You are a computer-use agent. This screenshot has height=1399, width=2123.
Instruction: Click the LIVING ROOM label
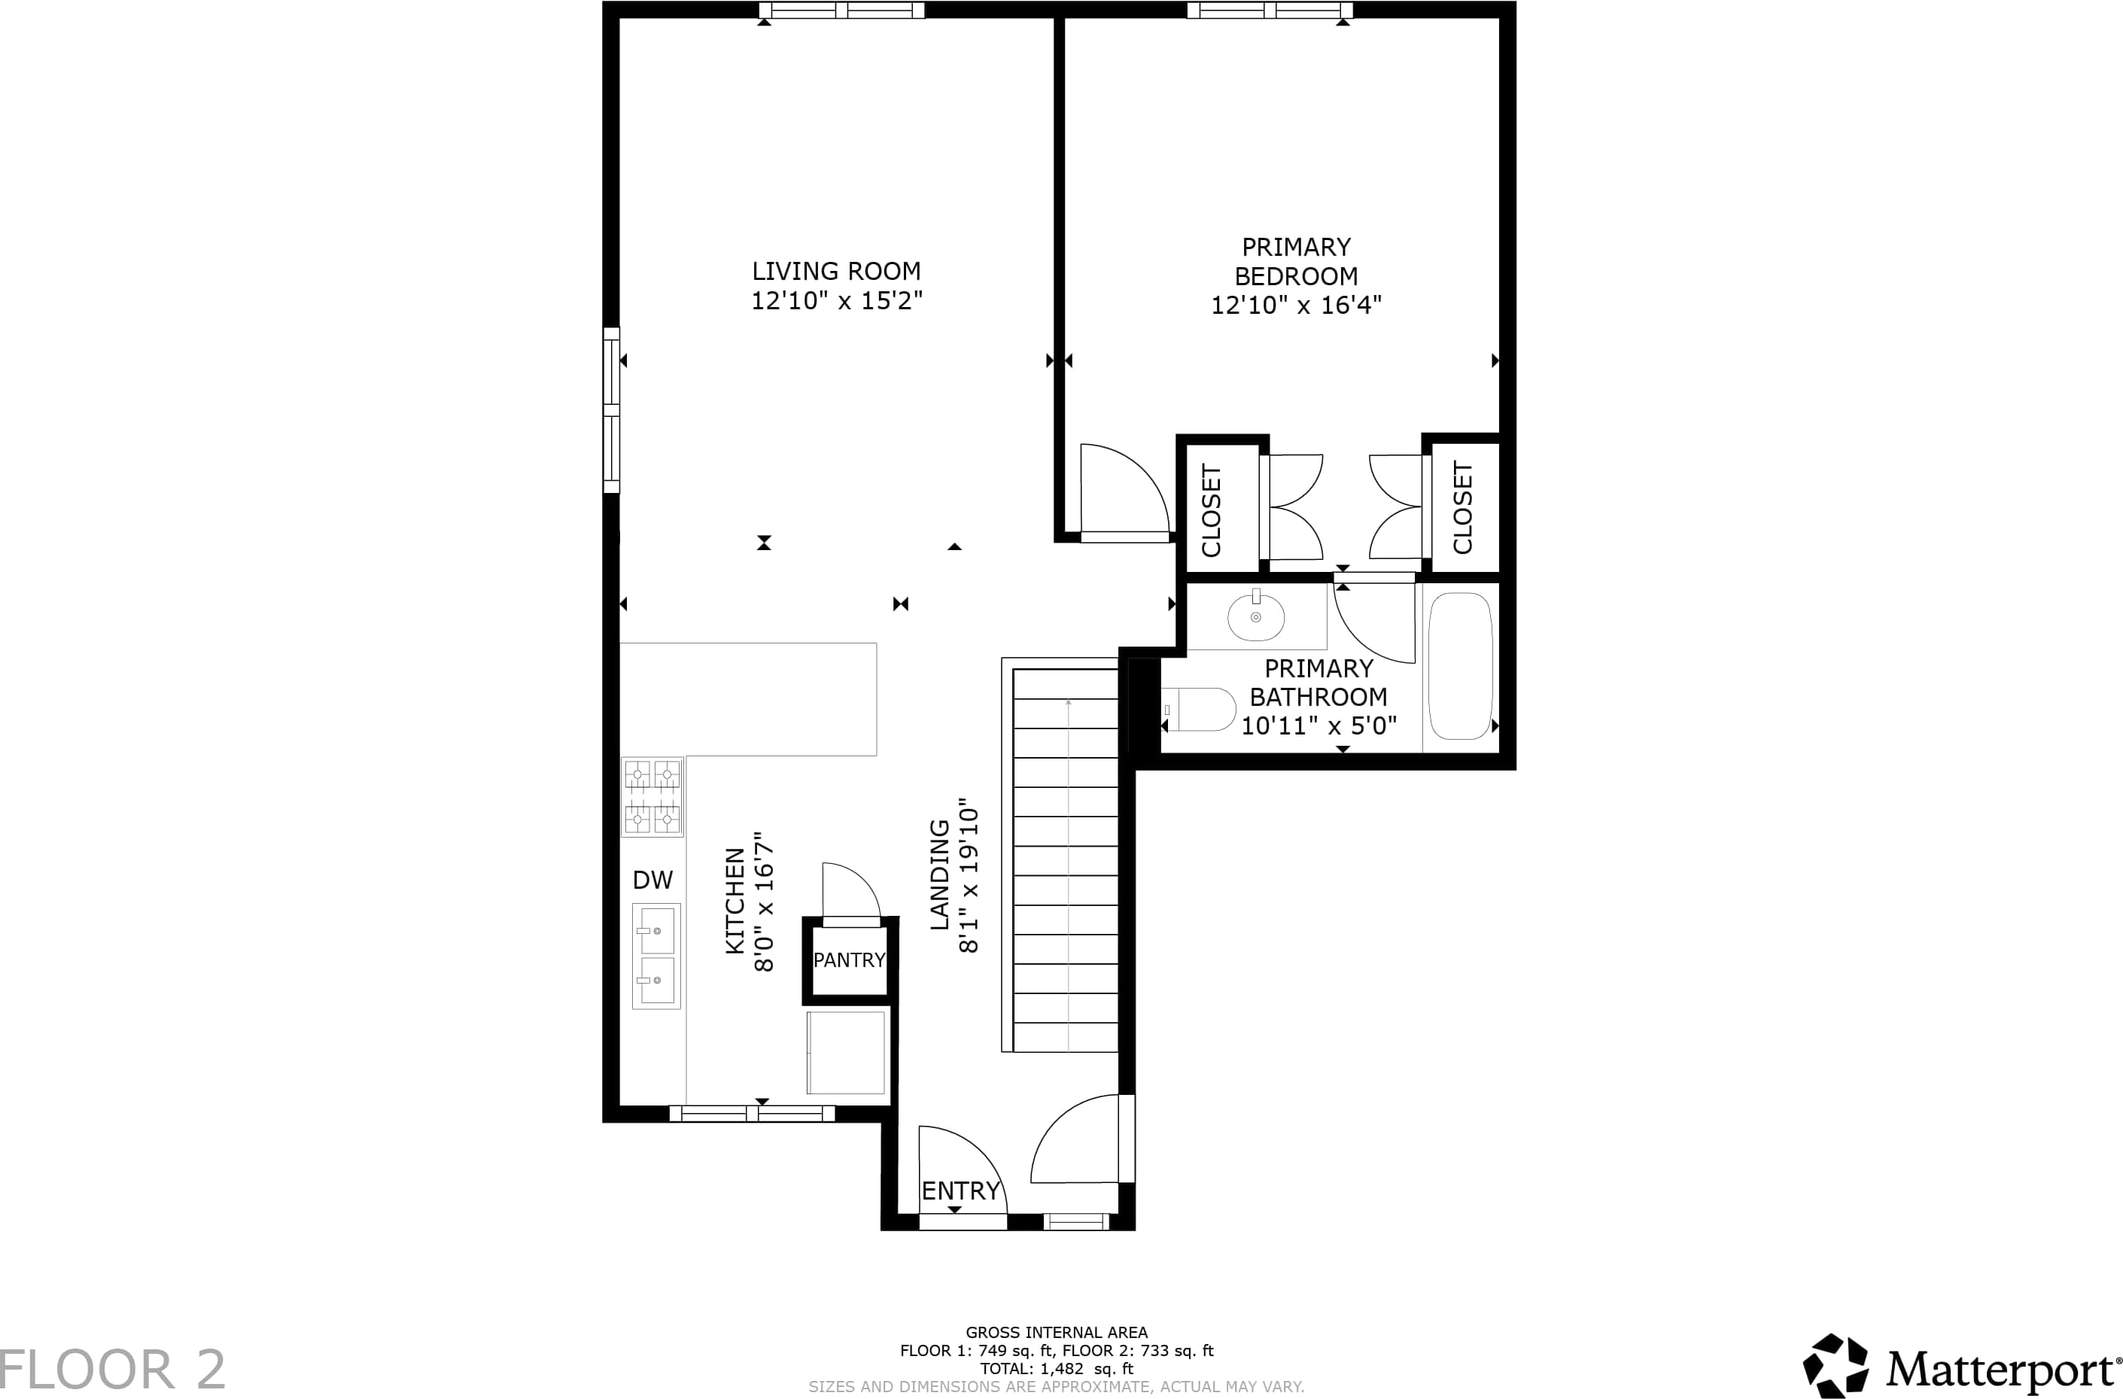coord(836,270)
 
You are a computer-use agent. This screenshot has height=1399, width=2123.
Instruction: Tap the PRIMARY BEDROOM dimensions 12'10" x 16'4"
coord(1295,305)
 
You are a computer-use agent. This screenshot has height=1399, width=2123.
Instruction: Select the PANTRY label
coord(849,960)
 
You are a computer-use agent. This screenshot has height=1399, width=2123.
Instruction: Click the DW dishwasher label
coord(652,880)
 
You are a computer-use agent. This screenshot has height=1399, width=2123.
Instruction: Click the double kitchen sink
coord(656,956)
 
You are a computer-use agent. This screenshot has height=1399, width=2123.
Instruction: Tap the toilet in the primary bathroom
coord(1198,710)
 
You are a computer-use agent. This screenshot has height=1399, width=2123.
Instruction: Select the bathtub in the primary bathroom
coord(1460,667)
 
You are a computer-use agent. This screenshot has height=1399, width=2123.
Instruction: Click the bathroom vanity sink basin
coord(1256,616)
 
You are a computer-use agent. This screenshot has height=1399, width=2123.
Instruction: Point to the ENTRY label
coord(961,1191)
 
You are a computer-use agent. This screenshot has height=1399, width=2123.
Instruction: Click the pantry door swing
coord(851,890)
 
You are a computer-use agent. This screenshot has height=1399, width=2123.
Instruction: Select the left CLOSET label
coord(1210,510)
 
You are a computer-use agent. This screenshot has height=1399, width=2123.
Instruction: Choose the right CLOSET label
coord(1462,508)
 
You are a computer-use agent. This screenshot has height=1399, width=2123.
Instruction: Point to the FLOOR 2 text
coord(112,1370)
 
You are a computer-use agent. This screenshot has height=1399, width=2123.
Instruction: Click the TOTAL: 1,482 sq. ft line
coord(1057,1369)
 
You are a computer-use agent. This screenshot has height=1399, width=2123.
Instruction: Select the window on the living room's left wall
coord(611,410)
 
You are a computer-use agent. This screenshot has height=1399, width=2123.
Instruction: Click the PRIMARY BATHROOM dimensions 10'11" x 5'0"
coord(1319,725)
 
